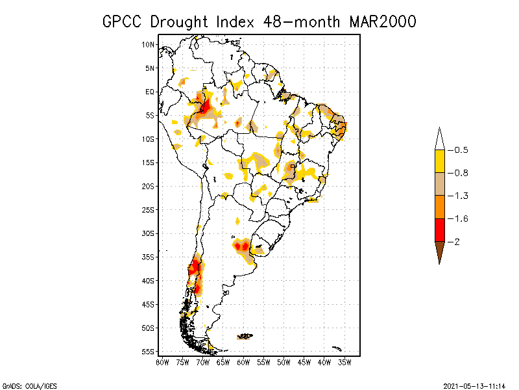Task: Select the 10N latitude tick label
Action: click(x=149, y=45)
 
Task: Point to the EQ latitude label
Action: click(x=150, y=92)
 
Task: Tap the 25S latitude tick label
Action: click(x=149, y=210)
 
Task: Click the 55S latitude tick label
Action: click(x=149, y=352)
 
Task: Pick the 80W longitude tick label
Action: click(x=162, y=361)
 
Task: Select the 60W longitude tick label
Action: click(x=243, y=361)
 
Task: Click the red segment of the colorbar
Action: click(x=439, y=230)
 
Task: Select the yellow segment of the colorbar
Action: click(x=439, y=161)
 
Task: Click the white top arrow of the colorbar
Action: click(x=439, y=140)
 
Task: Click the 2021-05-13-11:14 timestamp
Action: click(x=474, y=384)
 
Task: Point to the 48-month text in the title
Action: click(x=302, y=21)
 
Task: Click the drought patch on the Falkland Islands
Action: click(x=246, y=336)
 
